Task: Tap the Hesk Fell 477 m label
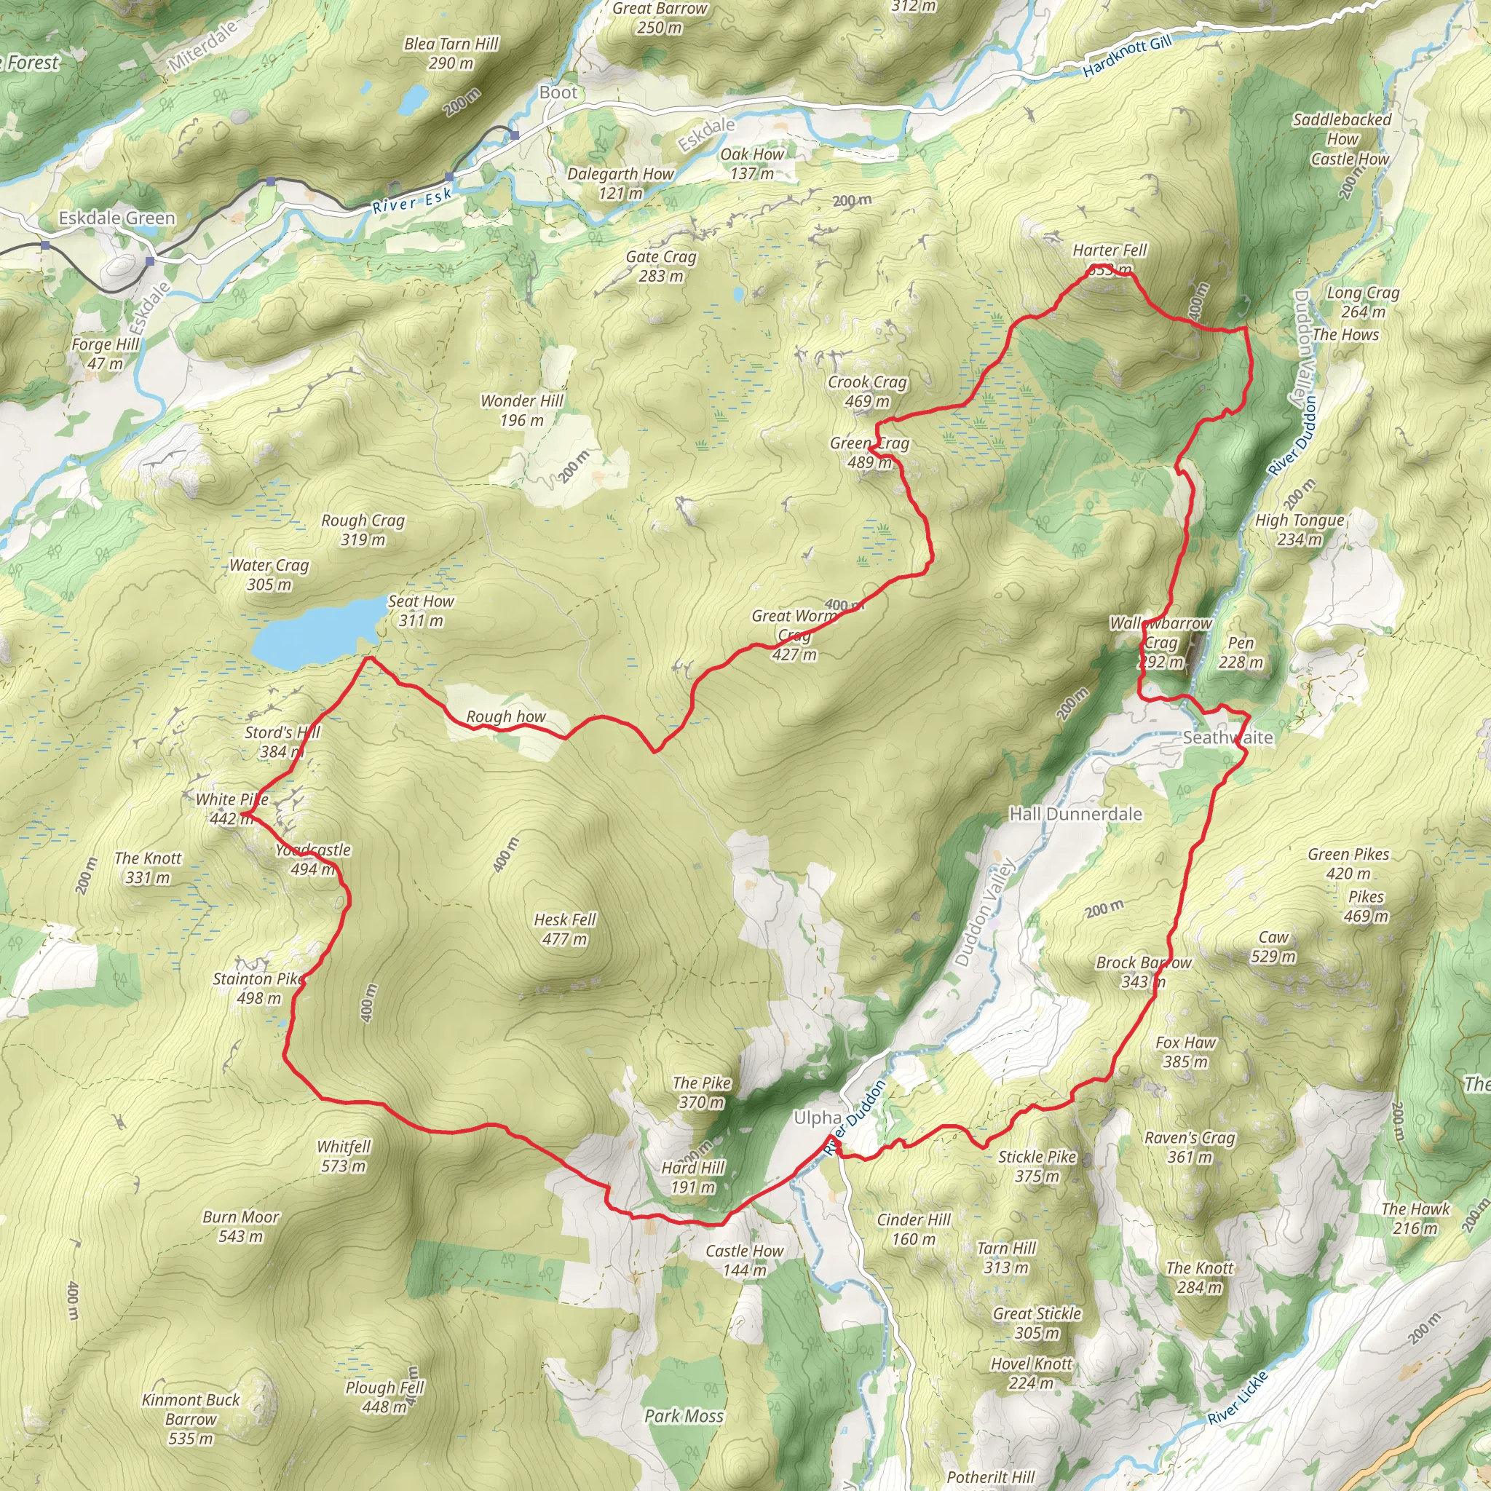[x=565, y=929]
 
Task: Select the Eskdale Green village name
[x=117, y=218]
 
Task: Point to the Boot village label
[x=558, y=92]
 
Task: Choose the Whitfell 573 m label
[x=344, y=1156]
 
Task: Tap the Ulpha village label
[x=818, y=1118]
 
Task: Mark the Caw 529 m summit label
[x=1273, y=947]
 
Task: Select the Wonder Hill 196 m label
[x=522, y=411]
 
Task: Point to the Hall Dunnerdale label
[x=1076, y=814]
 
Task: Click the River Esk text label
[x=411, y=202]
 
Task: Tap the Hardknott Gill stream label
[x=1127, y=56]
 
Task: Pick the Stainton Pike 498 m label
[x=258, y=989]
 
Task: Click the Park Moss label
[x=684, y=1416]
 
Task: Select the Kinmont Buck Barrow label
[x=191, y=1418]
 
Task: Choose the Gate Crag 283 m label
[x=661, y=266]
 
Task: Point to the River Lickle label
[x=1237, y=1399]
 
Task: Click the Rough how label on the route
[x=505, y=717]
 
